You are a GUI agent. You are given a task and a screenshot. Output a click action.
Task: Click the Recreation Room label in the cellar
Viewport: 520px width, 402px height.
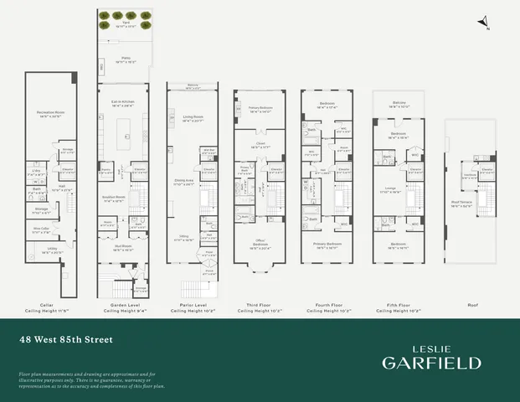click(x=51, y=112)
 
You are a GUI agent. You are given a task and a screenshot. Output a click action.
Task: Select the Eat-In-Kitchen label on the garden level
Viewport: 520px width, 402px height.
click(x=123, y=101)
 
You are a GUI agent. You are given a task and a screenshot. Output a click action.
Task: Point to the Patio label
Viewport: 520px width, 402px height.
click(x=123, y=60)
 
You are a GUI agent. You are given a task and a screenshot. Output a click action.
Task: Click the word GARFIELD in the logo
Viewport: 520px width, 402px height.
click(x=431, y=363)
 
